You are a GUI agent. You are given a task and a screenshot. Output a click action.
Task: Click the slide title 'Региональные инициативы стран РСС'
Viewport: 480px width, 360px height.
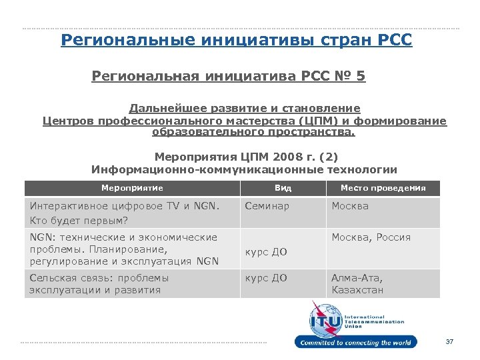pyautogui.click(x=237, y=40)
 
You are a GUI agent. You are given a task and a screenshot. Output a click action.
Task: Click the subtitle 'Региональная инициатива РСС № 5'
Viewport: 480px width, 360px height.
pyautogui.click(x=228, y=77)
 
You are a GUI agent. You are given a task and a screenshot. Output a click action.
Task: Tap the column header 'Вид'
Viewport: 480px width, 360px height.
pyautogui.click(x=283, y=188)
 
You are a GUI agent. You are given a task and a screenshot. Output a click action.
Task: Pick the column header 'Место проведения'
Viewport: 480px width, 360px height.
pyautogui.click(x=383, y=188)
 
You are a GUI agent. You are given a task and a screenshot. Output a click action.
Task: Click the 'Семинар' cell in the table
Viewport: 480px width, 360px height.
pyautogui.click(x=267, y=206)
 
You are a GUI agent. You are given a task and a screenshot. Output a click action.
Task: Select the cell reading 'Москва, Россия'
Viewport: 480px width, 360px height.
pyautogui.click(x=371, y=237)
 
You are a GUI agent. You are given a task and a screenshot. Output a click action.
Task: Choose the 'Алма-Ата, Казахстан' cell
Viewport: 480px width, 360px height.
pyautogui.click(x=358, y=284)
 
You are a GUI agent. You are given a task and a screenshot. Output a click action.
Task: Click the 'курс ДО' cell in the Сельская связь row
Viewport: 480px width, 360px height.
pyautogui.click(x=266, y=278)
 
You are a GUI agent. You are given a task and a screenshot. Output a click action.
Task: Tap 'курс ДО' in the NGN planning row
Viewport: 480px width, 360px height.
pyautogui.click(x=266, y=252)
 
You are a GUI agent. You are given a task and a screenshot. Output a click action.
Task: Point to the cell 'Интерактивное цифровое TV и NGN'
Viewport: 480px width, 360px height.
pyautogui.click(x=124, y=206)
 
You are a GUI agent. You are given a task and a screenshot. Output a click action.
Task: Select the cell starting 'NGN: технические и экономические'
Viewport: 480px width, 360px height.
pyautogui.click(x=123, y=249)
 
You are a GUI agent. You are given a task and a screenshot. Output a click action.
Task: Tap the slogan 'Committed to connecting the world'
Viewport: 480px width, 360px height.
pyautogui.click(x=356, y=343)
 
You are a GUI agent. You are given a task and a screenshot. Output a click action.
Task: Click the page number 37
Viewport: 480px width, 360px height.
pyautogui.click(x=449, y=342)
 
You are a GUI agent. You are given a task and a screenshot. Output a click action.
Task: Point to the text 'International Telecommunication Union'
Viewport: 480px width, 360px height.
pyautogui.click(x=374, y=321)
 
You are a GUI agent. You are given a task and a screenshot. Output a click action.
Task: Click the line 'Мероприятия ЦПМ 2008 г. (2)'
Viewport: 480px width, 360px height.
pyautogui.click(x=246, y=157)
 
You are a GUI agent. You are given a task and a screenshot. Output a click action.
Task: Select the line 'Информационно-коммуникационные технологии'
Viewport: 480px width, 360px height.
pyautogui.click(x=244, y=169)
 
